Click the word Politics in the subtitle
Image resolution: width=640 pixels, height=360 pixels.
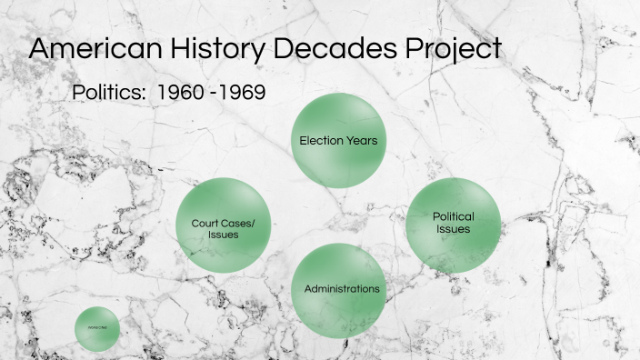(x=109, y=94)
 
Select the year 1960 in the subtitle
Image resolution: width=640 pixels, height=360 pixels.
(x=180, y=94)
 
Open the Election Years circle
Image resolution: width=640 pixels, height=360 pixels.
(x=338, y=141)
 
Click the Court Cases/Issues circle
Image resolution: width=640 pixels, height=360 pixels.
(x=224, y=225)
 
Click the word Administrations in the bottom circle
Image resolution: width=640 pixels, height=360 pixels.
(x=342, y=289)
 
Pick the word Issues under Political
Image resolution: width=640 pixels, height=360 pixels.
(x=453, y=229)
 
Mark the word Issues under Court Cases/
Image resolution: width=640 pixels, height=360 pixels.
(x=223, y=235)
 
